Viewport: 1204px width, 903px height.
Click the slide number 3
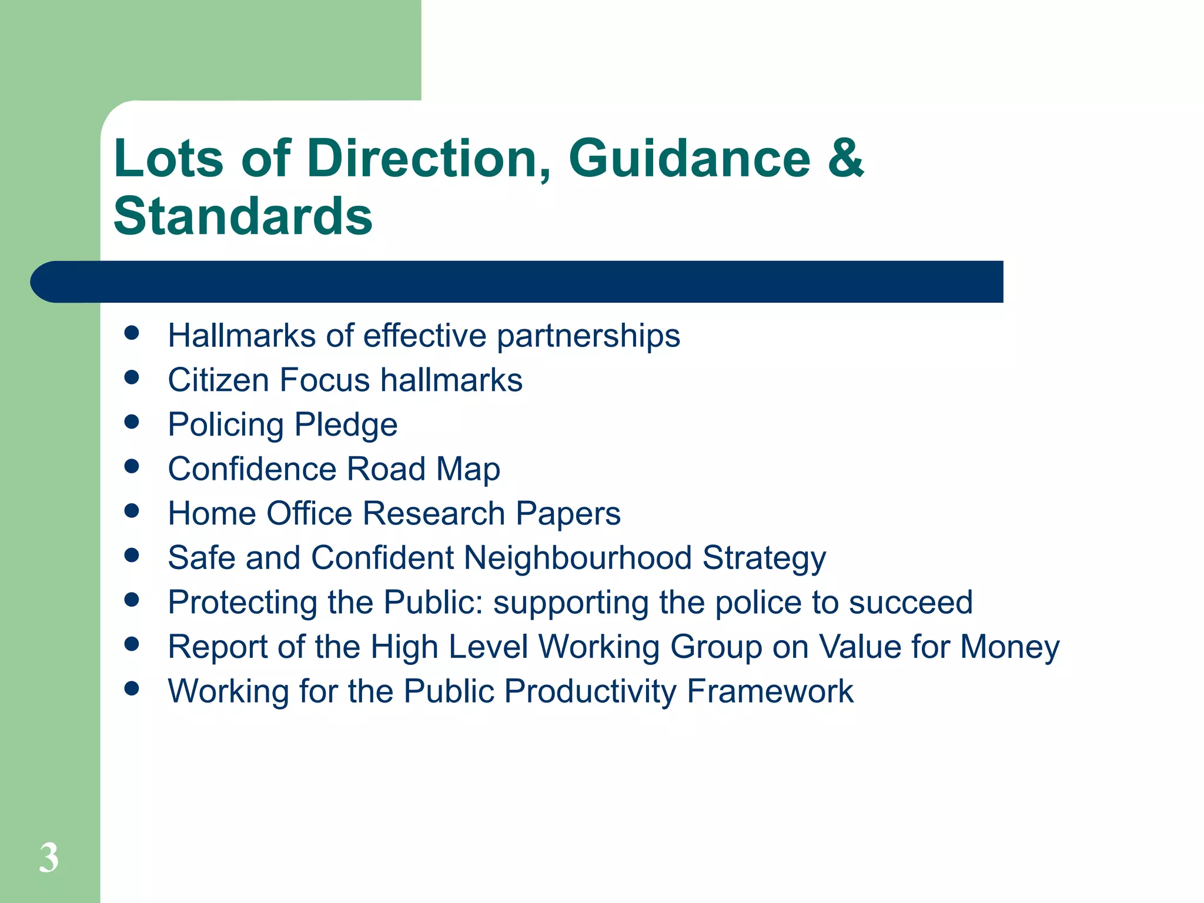coord(49,858)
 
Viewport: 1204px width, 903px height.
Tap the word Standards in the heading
coord(243,216)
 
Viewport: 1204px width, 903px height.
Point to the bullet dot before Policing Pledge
coord(132,422)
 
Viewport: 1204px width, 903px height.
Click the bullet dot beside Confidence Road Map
coord(132,466)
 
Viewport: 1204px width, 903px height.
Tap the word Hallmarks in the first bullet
coord(242,336)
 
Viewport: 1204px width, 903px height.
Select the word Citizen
coord(219,380)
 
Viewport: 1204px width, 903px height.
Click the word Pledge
coord(346,425)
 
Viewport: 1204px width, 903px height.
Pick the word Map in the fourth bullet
coord(468,470)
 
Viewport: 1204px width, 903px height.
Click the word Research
coord(434,513)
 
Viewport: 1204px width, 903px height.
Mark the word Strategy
coord(764,558)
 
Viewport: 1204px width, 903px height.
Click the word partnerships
coord(588,336)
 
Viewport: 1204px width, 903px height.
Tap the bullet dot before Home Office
coord(132,510)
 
